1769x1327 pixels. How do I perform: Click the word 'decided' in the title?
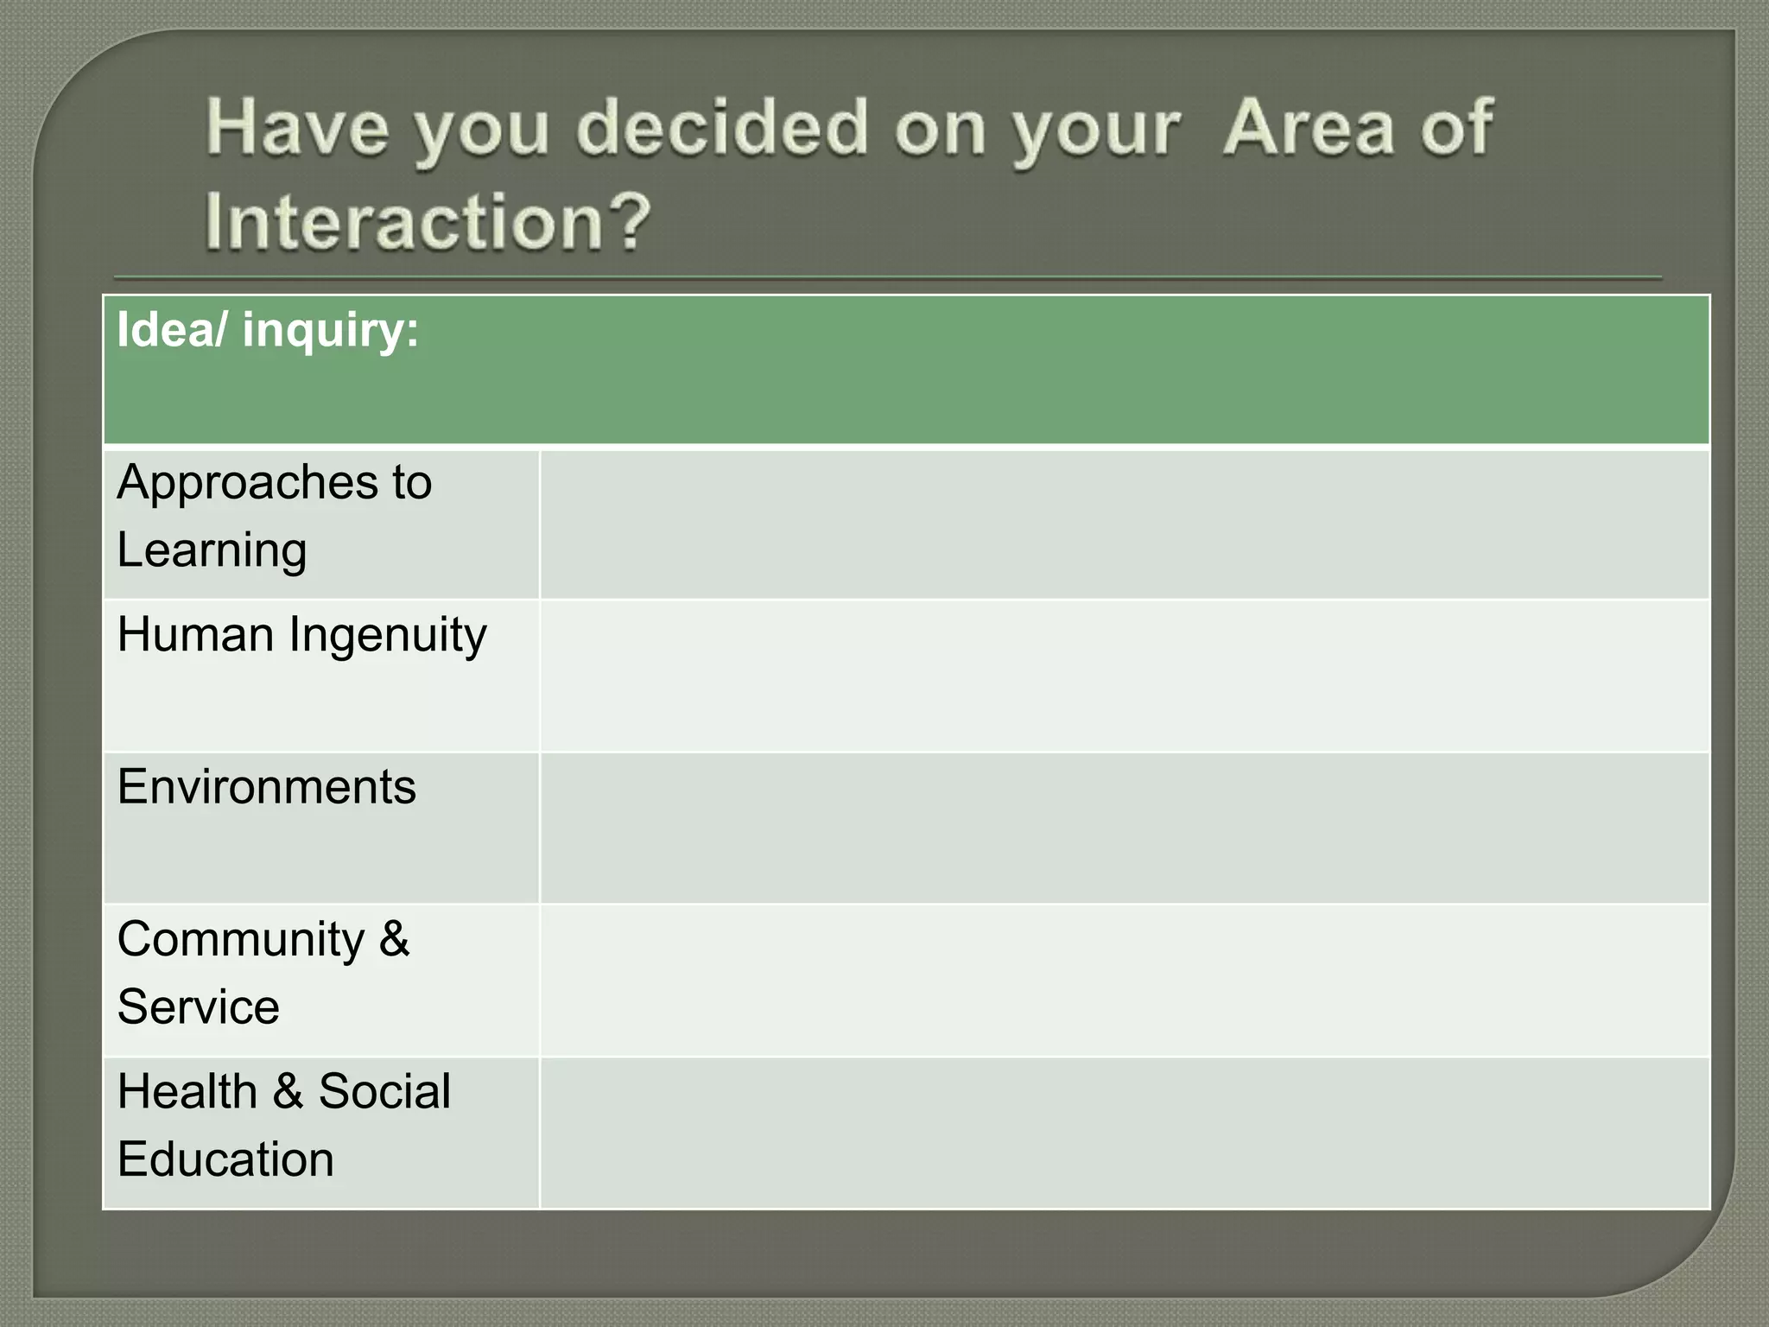(x=721, y=129)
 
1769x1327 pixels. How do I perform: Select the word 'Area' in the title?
(x=1308, y=129)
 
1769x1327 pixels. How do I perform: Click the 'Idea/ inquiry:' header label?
(x=268, y=331)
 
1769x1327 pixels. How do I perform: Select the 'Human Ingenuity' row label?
(x=301, y=636)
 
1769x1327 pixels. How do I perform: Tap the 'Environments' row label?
(x=266, y=787)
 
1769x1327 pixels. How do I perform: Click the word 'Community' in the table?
(x=240, y=940)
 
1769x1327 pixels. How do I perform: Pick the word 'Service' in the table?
(x=198, y=1007)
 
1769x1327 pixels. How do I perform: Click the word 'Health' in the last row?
(x=187, y=1092)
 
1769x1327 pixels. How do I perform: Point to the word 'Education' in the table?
(x=225, y=1159)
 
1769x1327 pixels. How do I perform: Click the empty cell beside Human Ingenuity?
(x=1123, y=676)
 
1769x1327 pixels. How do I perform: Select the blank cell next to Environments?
(x=1123, y=828)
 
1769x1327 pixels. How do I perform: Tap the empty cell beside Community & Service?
(x=1123, y=980)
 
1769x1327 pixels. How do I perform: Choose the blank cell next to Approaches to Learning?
(x=1123, y=524)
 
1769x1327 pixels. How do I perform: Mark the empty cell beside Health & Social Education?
(x=1123, y=1133)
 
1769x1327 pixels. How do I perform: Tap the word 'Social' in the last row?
(x=384, y=1092)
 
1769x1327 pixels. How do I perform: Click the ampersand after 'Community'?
(x=394, y=940)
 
